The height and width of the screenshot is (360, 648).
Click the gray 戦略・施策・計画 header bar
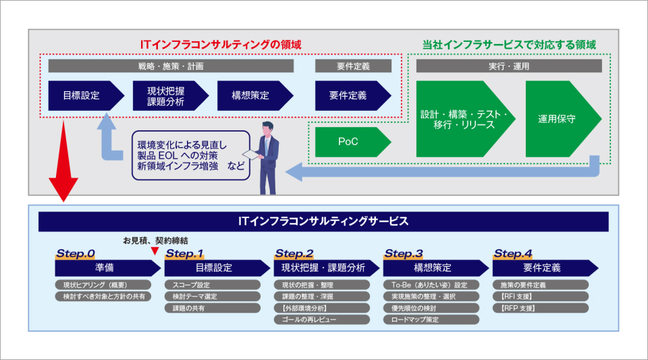pyautogui.click(x=171, y=66)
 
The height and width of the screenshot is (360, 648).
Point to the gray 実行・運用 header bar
pyautogui.click(x=508, y=66)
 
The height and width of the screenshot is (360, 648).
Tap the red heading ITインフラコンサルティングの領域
pyautogui.click(x=220, y=45)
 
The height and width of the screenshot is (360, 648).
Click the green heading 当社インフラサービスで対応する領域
pyautogui.click(x=509, y=45)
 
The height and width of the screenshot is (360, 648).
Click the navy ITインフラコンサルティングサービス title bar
pyautogui.click(x=323, y=222)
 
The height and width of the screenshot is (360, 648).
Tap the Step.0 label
pyautogui.click(x=76, y=254)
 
